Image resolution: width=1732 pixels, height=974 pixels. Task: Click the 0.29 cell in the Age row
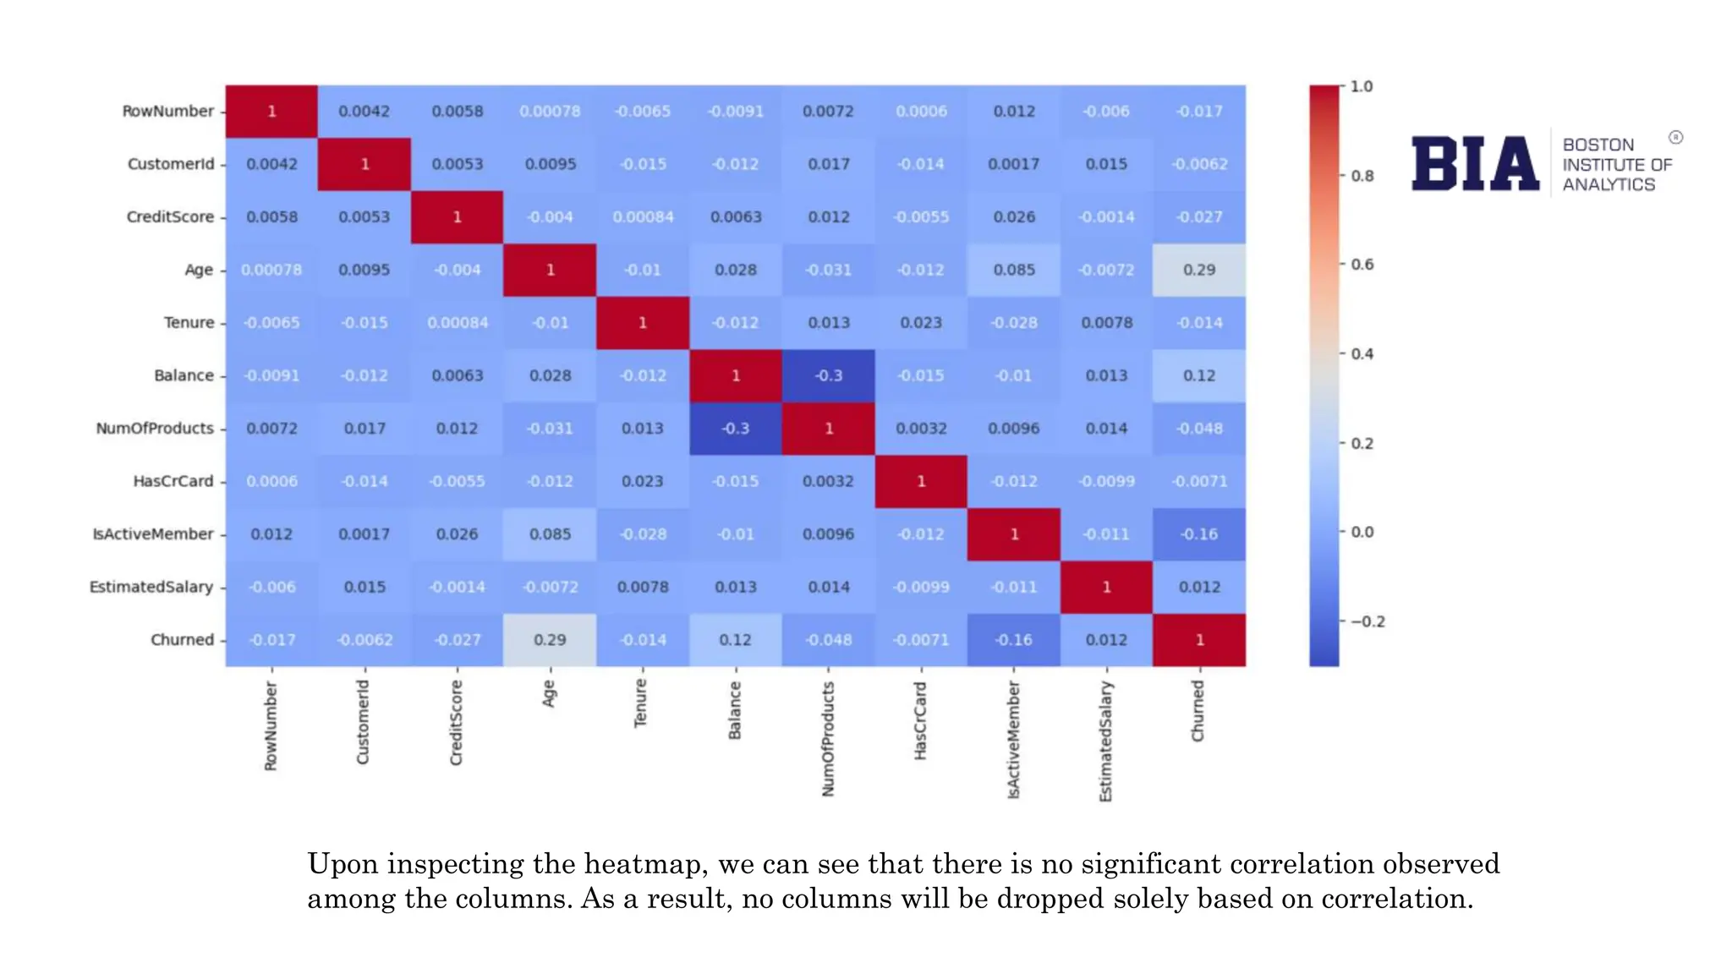click(1198, 270)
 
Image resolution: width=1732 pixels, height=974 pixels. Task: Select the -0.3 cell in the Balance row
click(828, 375)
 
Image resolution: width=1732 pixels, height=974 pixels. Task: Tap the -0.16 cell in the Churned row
click(1013, 640)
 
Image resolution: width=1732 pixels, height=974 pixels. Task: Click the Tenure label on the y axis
click(189, 323)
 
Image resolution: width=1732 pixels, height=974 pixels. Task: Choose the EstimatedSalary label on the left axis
click(151, 587)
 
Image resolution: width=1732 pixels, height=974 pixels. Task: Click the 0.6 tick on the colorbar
click(1362, 265)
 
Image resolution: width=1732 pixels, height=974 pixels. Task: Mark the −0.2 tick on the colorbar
click(1367, 621)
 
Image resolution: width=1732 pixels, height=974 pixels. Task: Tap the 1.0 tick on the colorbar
click(1361, 86)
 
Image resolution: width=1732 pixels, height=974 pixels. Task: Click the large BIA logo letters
click(1475, 164)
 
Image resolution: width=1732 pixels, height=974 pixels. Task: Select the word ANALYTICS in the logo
click(1608, 185)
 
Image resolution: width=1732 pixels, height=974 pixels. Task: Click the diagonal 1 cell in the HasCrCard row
click(921, 481)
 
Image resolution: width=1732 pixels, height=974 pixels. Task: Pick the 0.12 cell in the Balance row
click(1198, 375)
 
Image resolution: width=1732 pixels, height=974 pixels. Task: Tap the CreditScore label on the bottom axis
click(457, 723)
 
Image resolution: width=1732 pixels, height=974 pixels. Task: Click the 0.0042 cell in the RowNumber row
click(364, 112)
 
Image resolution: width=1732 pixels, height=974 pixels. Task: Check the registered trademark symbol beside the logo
click(1675, 137)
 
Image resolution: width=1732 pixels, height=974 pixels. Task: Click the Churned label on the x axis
click(1198, 711)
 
